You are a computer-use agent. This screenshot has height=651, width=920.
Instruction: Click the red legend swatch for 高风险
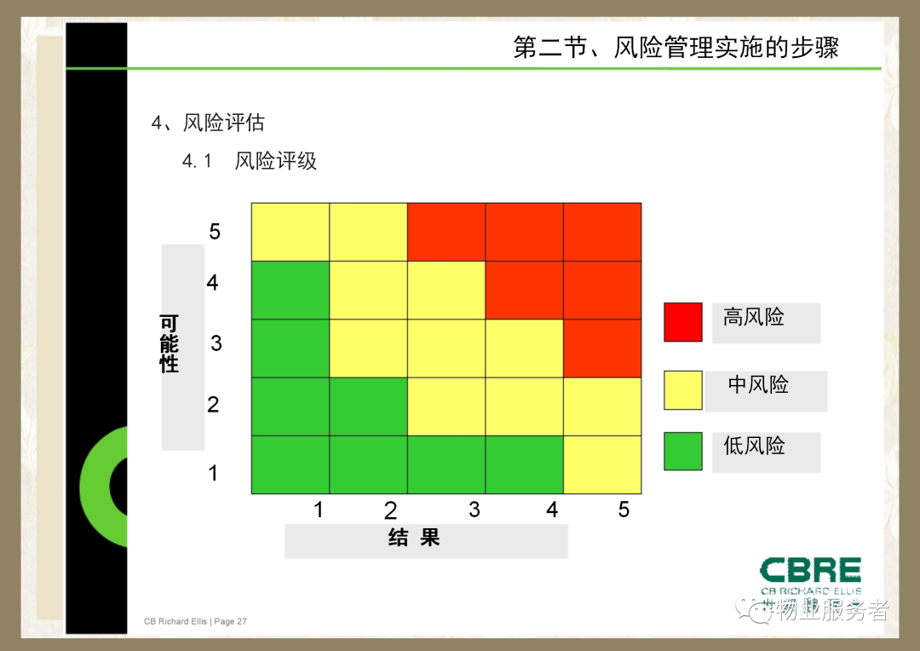[683, 322]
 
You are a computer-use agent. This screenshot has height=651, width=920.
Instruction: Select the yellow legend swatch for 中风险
[683, 389]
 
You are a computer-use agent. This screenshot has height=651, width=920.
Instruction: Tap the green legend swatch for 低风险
[683, 451]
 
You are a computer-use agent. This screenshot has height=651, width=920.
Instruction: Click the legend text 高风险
[753, 317]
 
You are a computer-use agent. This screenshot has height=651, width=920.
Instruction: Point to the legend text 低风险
[754, 446]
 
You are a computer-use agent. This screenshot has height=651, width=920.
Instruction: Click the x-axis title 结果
[414, 537]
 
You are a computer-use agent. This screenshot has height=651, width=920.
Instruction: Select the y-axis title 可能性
[169, 343]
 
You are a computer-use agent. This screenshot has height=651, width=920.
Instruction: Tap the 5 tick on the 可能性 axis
[215, 231]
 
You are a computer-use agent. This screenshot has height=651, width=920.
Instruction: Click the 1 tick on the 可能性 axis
[213, 473]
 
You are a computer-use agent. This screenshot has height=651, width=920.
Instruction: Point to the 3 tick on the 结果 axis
[474, 510]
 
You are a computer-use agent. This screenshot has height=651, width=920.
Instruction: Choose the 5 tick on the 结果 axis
[624, 510]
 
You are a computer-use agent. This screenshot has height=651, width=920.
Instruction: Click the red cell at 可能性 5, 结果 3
[446, 232]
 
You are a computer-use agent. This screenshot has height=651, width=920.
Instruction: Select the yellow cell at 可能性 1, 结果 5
[602, 465]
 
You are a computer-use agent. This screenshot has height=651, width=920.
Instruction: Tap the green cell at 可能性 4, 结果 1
[290, 290]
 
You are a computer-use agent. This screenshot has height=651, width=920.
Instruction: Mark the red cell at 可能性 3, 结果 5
[602, 349]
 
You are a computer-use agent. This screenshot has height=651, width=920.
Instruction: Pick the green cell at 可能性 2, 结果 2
[369, 406]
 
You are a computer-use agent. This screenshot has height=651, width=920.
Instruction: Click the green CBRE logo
[811, 576]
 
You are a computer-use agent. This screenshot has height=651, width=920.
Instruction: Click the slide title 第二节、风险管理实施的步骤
[676, 47]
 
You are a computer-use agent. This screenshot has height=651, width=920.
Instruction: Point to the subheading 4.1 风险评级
[249, 160]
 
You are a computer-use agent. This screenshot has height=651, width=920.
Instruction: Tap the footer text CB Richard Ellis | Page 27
[195, 621]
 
